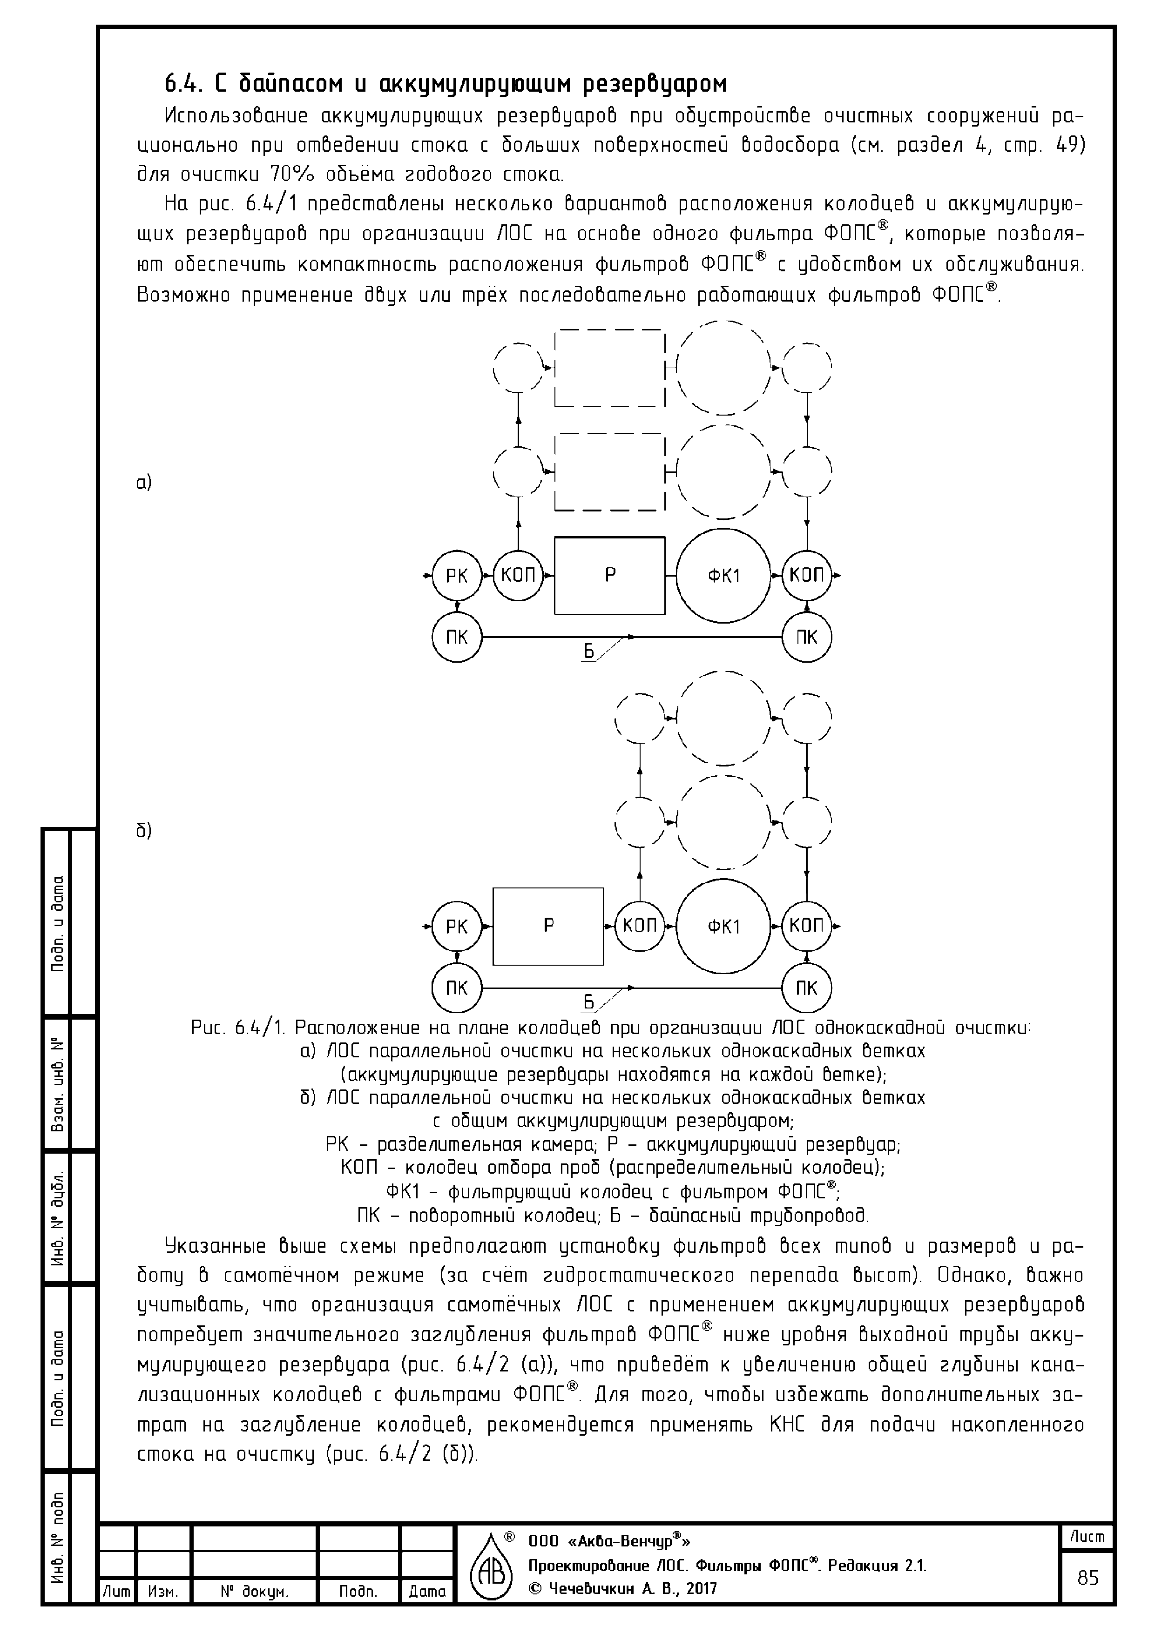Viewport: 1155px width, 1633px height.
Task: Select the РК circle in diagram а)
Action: click(456, 575)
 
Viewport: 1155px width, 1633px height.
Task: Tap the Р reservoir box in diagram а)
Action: click(610, 575)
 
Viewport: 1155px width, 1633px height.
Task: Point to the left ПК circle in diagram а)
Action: click(456, 637)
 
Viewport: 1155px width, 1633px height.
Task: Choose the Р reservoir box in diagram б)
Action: click(548, 926)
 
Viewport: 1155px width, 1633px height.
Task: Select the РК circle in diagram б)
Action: click(456, 926)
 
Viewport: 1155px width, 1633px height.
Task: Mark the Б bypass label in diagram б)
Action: click(588, 1002)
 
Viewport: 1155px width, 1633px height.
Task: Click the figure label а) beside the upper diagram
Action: click(144, 483)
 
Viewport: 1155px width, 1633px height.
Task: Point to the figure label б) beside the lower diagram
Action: click(144, 831)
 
